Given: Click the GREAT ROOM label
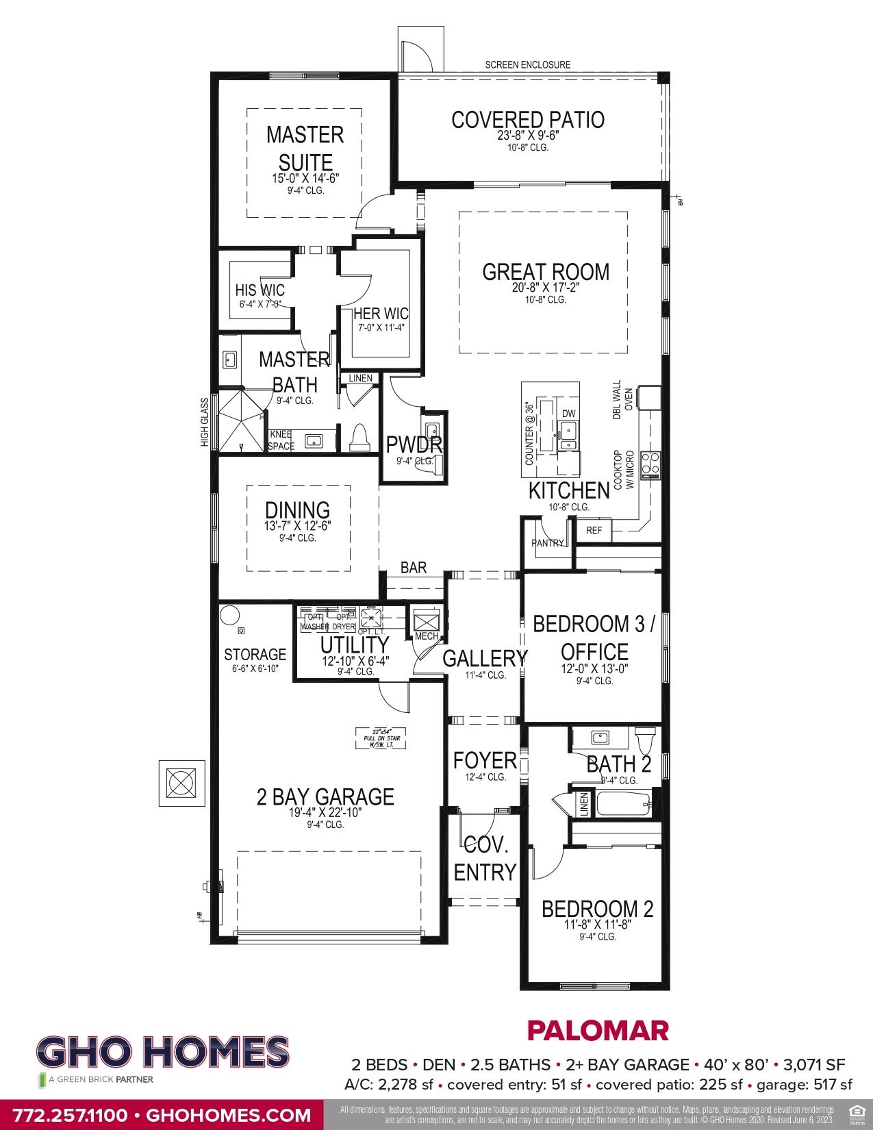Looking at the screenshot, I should [x=545, y=272].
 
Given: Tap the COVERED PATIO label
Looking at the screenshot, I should [x=527, y=121].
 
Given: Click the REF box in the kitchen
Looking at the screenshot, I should [x=594, y=530].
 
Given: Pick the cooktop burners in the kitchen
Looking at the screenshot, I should [x=650, y=465].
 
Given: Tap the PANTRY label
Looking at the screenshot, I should [x=548, y=543].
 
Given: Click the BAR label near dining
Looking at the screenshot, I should [x=414, y=568].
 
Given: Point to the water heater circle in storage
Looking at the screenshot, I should [x=229, y=614].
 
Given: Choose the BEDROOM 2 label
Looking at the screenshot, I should [x=597, y=909].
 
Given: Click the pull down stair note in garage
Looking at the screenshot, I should [x=381, y=738].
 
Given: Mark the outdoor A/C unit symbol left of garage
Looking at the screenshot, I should [x=181, y=782].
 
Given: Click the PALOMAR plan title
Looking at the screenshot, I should [x=597, y=1030].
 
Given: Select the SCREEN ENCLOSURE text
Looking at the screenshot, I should [x=527, y=65].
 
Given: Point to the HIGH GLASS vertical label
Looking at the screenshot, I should [x=204, y=423].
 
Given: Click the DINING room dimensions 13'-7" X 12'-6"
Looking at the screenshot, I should [x=298, y=526].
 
